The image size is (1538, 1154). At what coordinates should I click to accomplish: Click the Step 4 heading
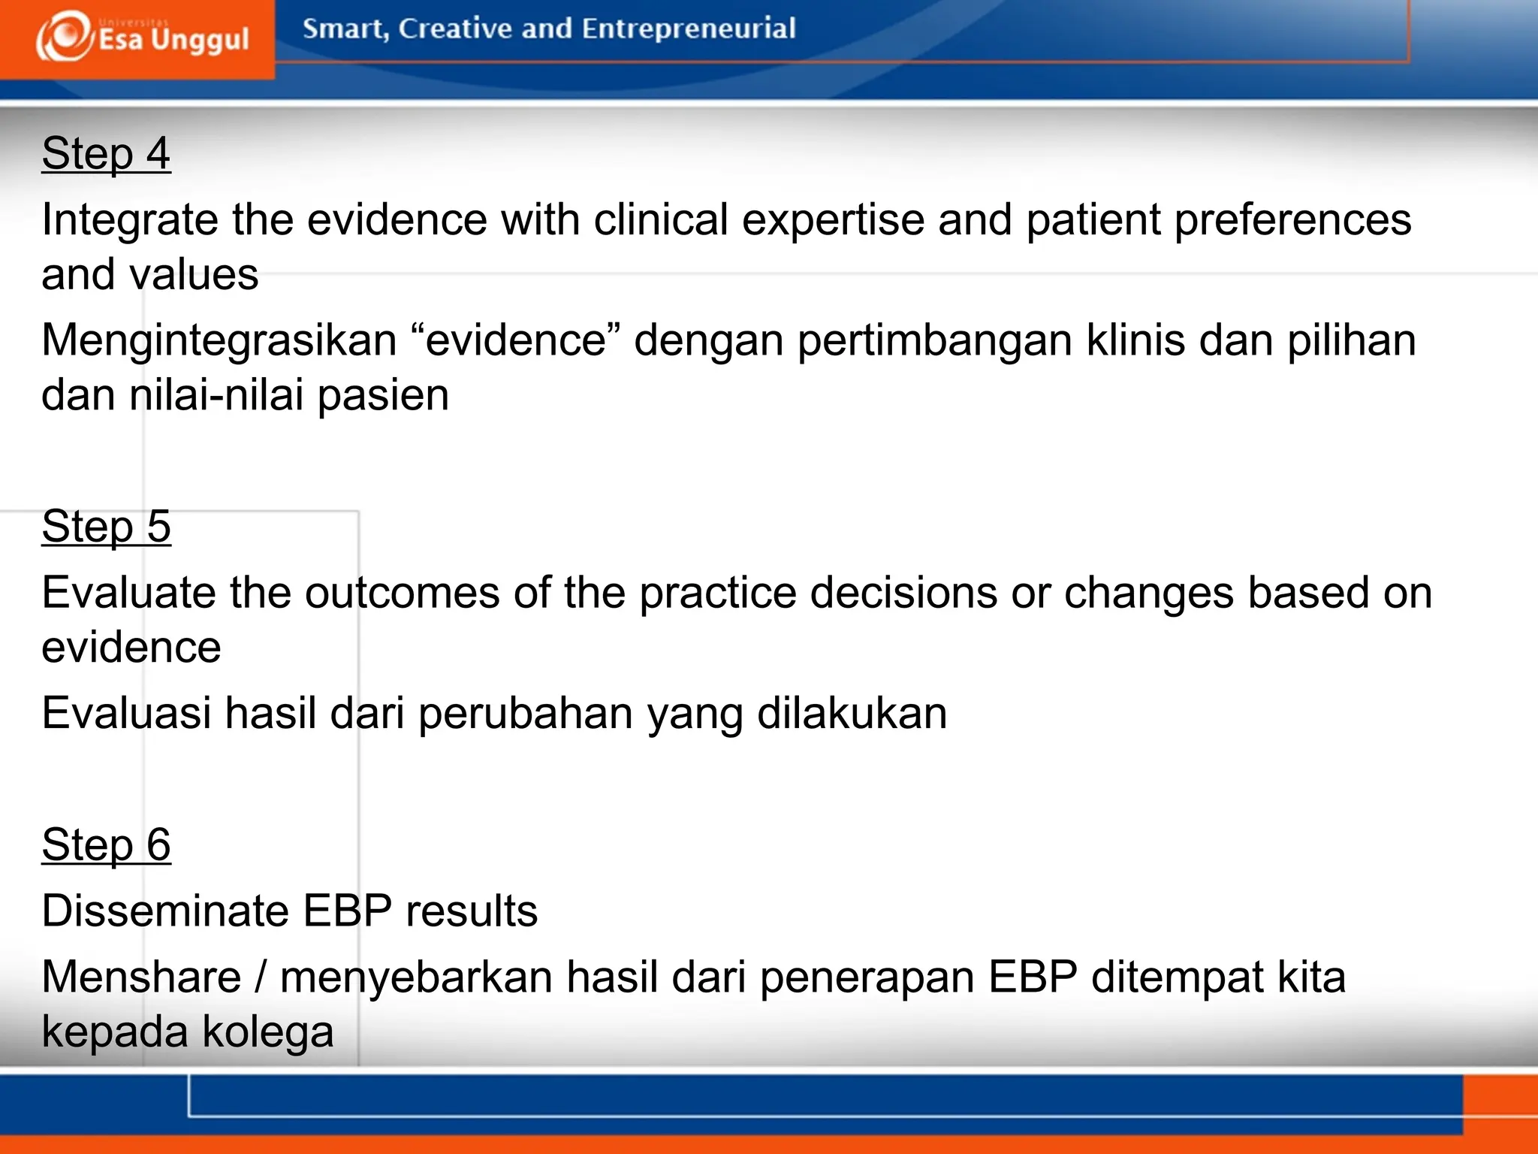click(106, 154)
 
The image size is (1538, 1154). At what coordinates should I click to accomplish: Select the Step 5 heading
click(106, 527)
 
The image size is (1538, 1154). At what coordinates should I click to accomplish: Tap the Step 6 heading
click(106, 845)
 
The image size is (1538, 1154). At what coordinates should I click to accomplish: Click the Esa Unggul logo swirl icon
click(64, 36)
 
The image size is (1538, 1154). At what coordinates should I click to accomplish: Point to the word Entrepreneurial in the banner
click(688, 29)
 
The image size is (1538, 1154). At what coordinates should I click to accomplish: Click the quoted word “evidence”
click(516, 340)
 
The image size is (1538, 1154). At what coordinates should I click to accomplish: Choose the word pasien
click(383, 397)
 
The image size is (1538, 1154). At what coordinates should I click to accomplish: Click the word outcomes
click(402, 594)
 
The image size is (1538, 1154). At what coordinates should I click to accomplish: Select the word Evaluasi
click(126, 713)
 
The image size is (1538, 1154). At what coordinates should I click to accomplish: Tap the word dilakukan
click(852, 713)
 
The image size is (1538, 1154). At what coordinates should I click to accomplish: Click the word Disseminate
click(165, 911)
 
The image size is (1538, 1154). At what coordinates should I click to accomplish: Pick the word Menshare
click(141, 977)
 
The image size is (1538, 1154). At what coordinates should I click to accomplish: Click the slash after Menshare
click(261, 977)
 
